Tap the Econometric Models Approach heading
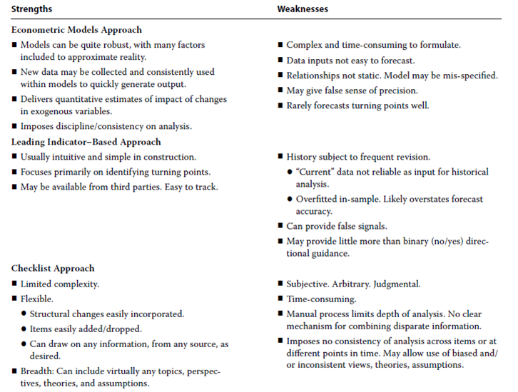click(76, 30)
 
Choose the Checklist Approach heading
click(54, 269)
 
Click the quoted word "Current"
click(317, 172)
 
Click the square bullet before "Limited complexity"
click(15, 284)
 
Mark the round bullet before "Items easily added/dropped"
click(24, 329)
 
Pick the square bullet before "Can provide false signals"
click(280, 227)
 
